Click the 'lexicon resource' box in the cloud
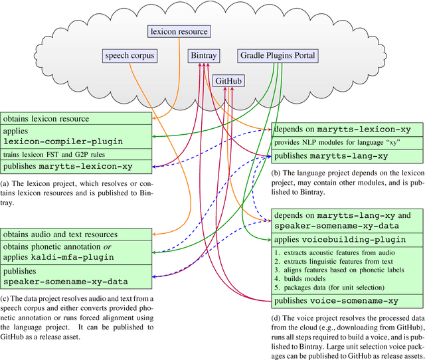pos(178,31)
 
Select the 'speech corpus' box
pos(129,56)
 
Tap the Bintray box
pos(203,56)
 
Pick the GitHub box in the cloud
pos(228,81)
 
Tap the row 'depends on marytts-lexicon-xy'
pos(346,128)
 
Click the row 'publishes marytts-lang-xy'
pos(346,157)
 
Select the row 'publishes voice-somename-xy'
pos(346,300)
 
